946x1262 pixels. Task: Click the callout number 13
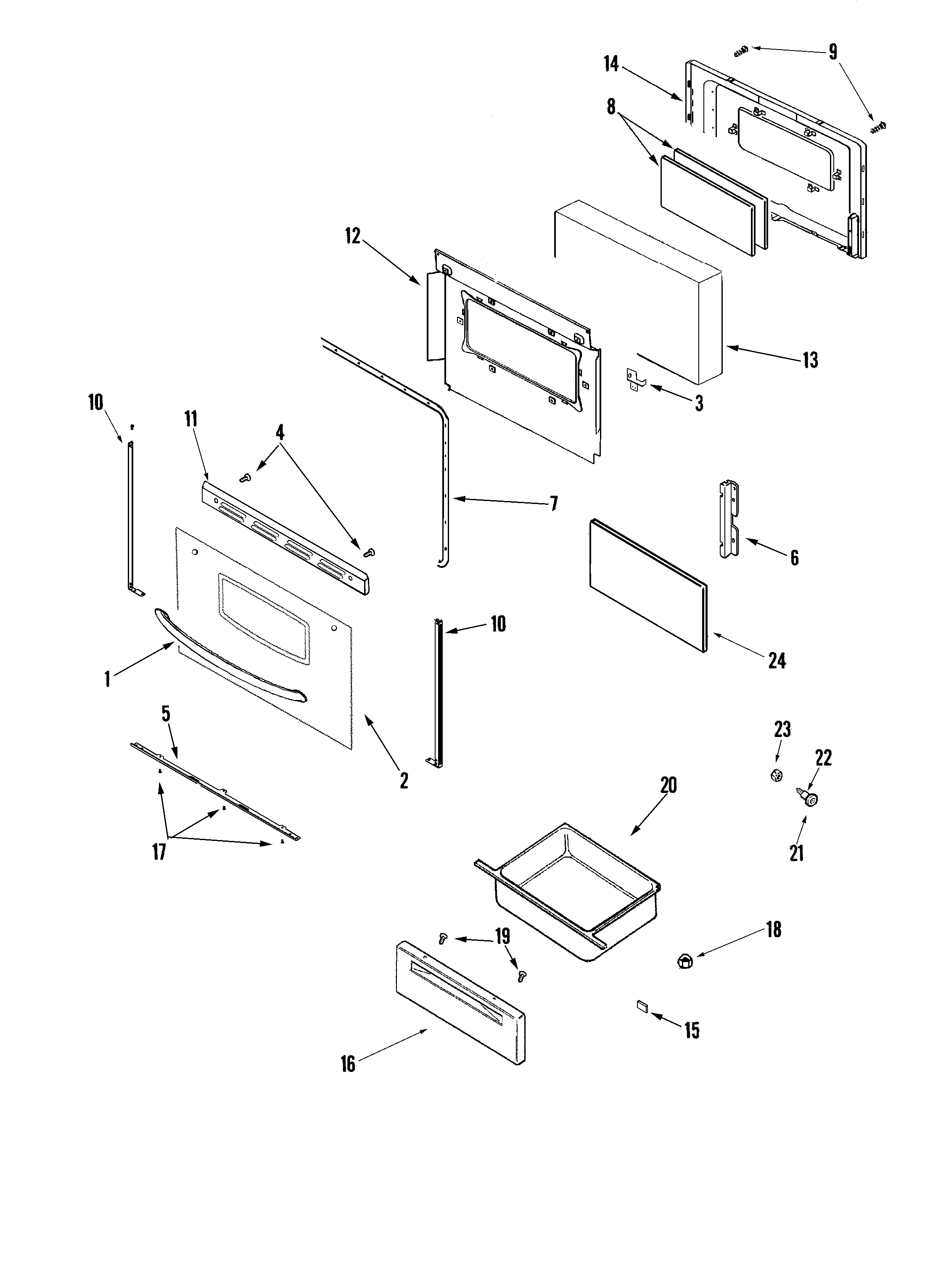[x=810, y=361]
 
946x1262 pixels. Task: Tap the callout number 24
[x=777, y=661]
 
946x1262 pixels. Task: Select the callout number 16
[x=348, y=1063]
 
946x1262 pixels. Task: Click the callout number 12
[x=353, y=236]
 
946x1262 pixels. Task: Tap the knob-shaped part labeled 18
[x=686, y=961]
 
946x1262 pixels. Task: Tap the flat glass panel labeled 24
[x=647, y=585]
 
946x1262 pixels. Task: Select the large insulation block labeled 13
[x=639, y=291]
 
